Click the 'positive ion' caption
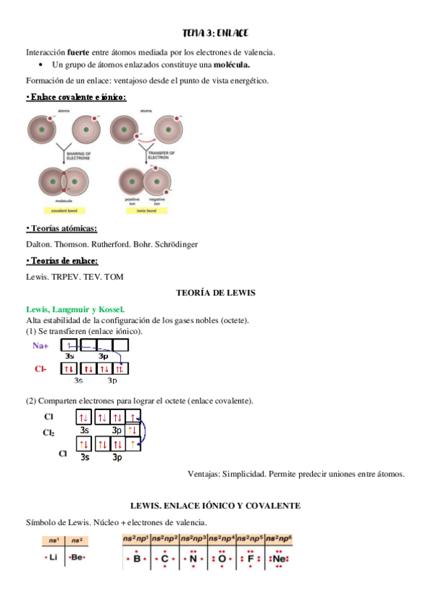pos(132,201)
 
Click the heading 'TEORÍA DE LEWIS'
pos(216,293)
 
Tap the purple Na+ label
pos(41,346)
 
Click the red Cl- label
pos(40,369)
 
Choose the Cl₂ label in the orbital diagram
pos(48,433)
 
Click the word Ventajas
pos(205,474)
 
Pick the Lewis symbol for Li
pos(52,557)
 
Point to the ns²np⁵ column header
pos(249,539)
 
